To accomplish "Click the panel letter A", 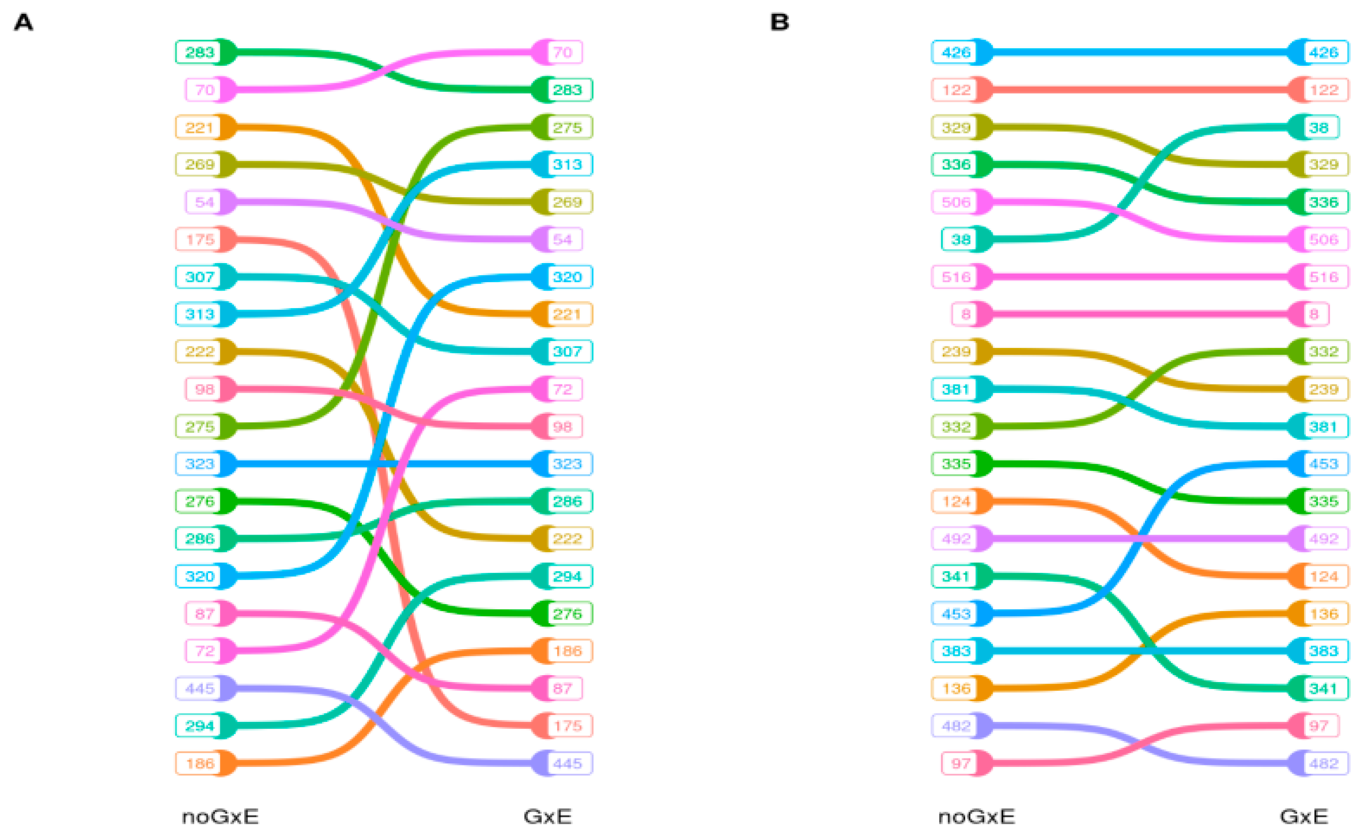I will [23, 22].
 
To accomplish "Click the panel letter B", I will [779, 22].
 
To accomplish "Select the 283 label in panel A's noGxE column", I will [199, 53].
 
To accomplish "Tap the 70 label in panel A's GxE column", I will [562, 53].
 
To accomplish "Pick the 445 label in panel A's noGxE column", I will [199, 689].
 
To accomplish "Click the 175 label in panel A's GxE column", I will [567, 726].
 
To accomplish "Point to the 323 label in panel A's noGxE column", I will [199, 464].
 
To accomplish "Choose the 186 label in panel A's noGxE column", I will [199, 763].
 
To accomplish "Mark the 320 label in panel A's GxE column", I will [567, 277].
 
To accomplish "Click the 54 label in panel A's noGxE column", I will [204, 202].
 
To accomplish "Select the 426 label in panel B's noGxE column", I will [956, 53].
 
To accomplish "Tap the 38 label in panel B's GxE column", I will [1318, 127].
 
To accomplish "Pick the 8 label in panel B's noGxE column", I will [966, 314].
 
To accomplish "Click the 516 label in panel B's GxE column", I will [1324, 277].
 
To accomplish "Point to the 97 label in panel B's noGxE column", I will [960, 763].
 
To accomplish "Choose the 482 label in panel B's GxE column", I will [1324, 763].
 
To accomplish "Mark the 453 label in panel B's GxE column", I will [1324, 464].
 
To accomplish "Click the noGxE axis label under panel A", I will [220, 817].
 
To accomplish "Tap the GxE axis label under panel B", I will [1304, 817].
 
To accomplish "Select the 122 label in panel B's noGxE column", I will [956, 90].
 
